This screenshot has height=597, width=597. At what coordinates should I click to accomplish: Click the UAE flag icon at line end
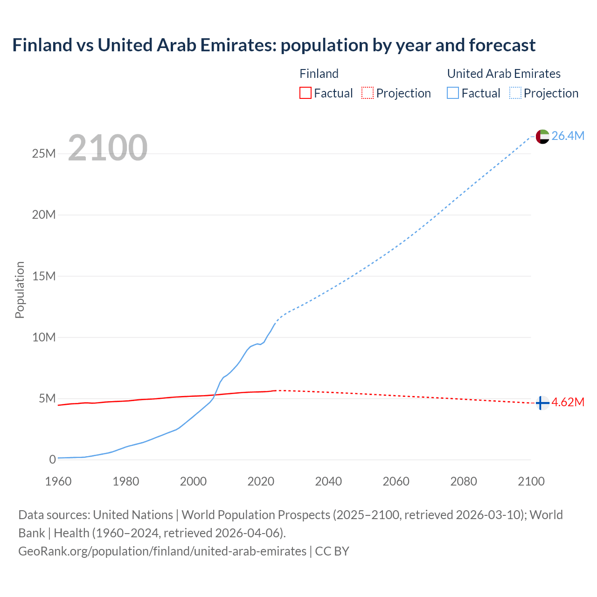coord(542,136)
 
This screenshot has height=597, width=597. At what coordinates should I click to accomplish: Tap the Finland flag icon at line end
coord(541,403)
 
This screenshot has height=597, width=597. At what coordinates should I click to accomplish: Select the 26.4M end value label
coord(568,136)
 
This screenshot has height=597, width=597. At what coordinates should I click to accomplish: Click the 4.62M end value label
coord(568,402)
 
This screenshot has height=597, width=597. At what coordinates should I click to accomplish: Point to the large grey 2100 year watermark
coord(108,148)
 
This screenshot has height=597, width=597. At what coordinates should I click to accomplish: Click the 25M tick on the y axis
coord(44,153)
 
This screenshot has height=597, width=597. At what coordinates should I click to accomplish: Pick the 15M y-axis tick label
coord(44,276)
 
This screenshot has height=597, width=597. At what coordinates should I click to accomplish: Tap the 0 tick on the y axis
coord(52,459)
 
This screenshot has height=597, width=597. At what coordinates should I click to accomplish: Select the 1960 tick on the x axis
coord(58,481)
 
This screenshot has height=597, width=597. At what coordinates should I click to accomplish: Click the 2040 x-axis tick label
coord(328,481)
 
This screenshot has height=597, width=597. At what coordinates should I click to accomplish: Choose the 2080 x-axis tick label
coord(464,481)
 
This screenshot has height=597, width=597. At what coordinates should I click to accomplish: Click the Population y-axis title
coord(20,290)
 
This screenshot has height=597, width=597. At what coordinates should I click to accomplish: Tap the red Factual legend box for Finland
coord(305,93)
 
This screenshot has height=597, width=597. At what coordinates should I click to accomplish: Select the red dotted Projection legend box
coord(368,93)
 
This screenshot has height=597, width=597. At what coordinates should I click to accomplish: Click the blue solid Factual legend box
coord(453,93)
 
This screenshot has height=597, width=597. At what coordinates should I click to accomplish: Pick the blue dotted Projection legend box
coord(515,93)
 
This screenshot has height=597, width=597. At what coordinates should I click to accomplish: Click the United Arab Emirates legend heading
coord(504,74)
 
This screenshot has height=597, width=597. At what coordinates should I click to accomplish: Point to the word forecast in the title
coord(502,45)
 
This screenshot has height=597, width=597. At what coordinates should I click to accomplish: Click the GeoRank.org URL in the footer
coord(162,551)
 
